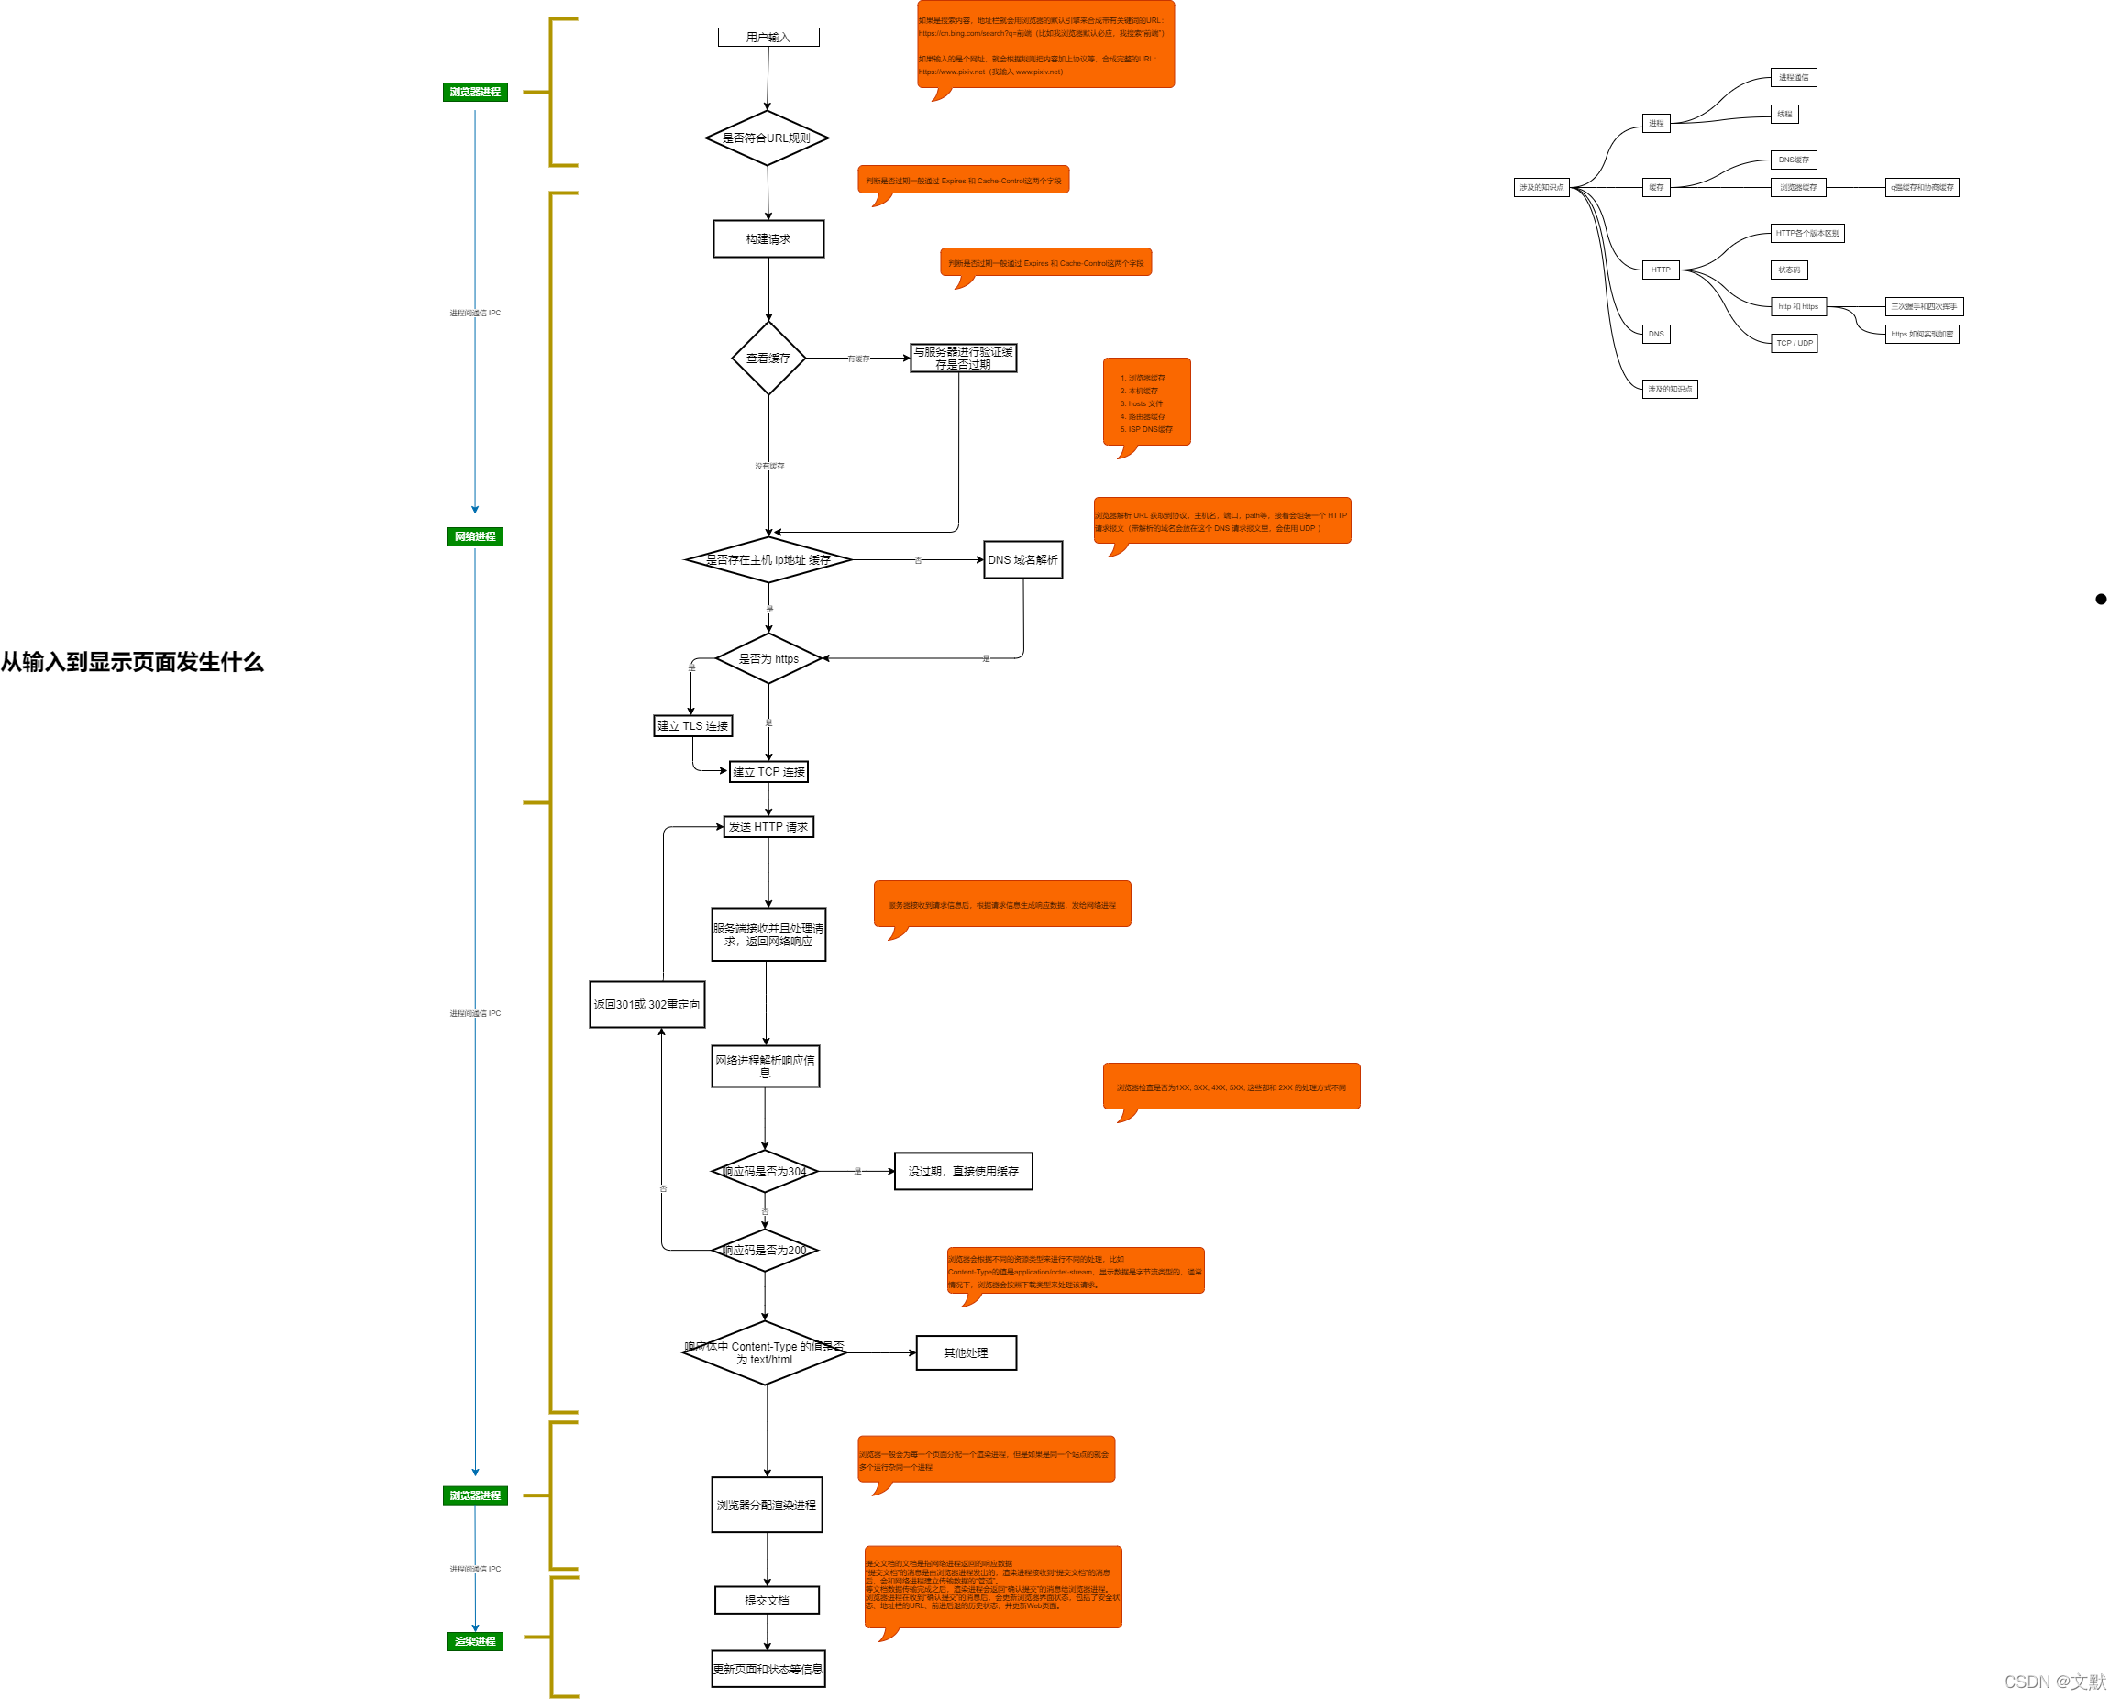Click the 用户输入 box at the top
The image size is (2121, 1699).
point(768,38)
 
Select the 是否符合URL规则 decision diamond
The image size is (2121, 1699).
point(767,138)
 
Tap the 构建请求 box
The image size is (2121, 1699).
point(768,239)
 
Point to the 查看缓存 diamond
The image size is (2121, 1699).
point(768,359)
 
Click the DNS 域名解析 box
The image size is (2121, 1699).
point(1022,560)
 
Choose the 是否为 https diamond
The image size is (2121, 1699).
point(768,659)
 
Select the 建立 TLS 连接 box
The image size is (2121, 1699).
point(692,726)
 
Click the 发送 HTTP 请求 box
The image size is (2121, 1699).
point(768,827)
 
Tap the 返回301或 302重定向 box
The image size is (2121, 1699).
point(646,1004)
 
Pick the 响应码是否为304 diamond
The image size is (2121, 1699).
point(765,1172)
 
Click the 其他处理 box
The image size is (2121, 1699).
point(967,1352)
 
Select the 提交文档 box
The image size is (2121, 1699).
point(767,1601)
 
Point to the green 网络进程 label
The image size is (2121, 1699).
point(475,537)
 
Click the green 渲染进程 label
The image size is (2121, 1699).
point(475,1642)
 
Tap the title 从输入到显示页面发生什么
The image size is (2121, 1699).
point(132,662)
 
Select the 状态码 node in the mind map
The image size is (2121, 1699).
point(1789,270)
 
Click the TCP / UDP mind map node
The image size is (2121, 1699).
point(1794,343)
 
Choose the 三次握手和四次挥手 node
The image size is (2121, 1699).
point(1923,307)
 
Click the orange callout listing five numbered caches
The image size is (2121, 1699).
point(1146,403)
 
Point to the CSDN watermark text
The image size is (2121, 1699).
point(2054,1682)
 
